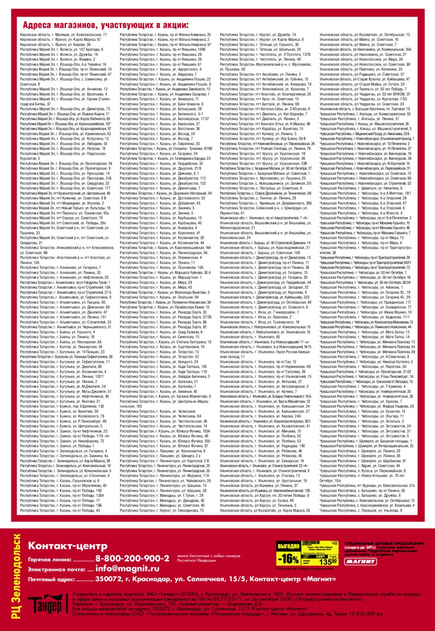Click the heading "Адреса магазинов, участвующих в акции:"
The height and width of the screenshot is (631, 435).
coord(106,25)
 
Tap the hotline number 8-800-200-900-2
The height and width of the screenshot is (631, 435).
coord(132,558)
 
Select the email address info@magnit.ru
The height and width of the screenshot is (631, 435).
coord(127,568)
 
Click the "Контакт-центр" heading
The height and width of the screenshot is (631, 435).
coord(67,546)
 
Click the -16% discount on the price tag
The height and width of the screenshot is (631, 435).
coord(288,558)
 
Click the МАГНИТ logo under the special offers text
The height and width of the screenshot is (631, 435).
coord(361,561)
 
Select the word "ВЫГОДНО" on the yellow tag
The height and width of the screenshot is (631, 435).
coord(288,546)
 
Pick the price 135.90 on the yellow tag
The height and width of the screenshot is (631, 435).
coord(327,561)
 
